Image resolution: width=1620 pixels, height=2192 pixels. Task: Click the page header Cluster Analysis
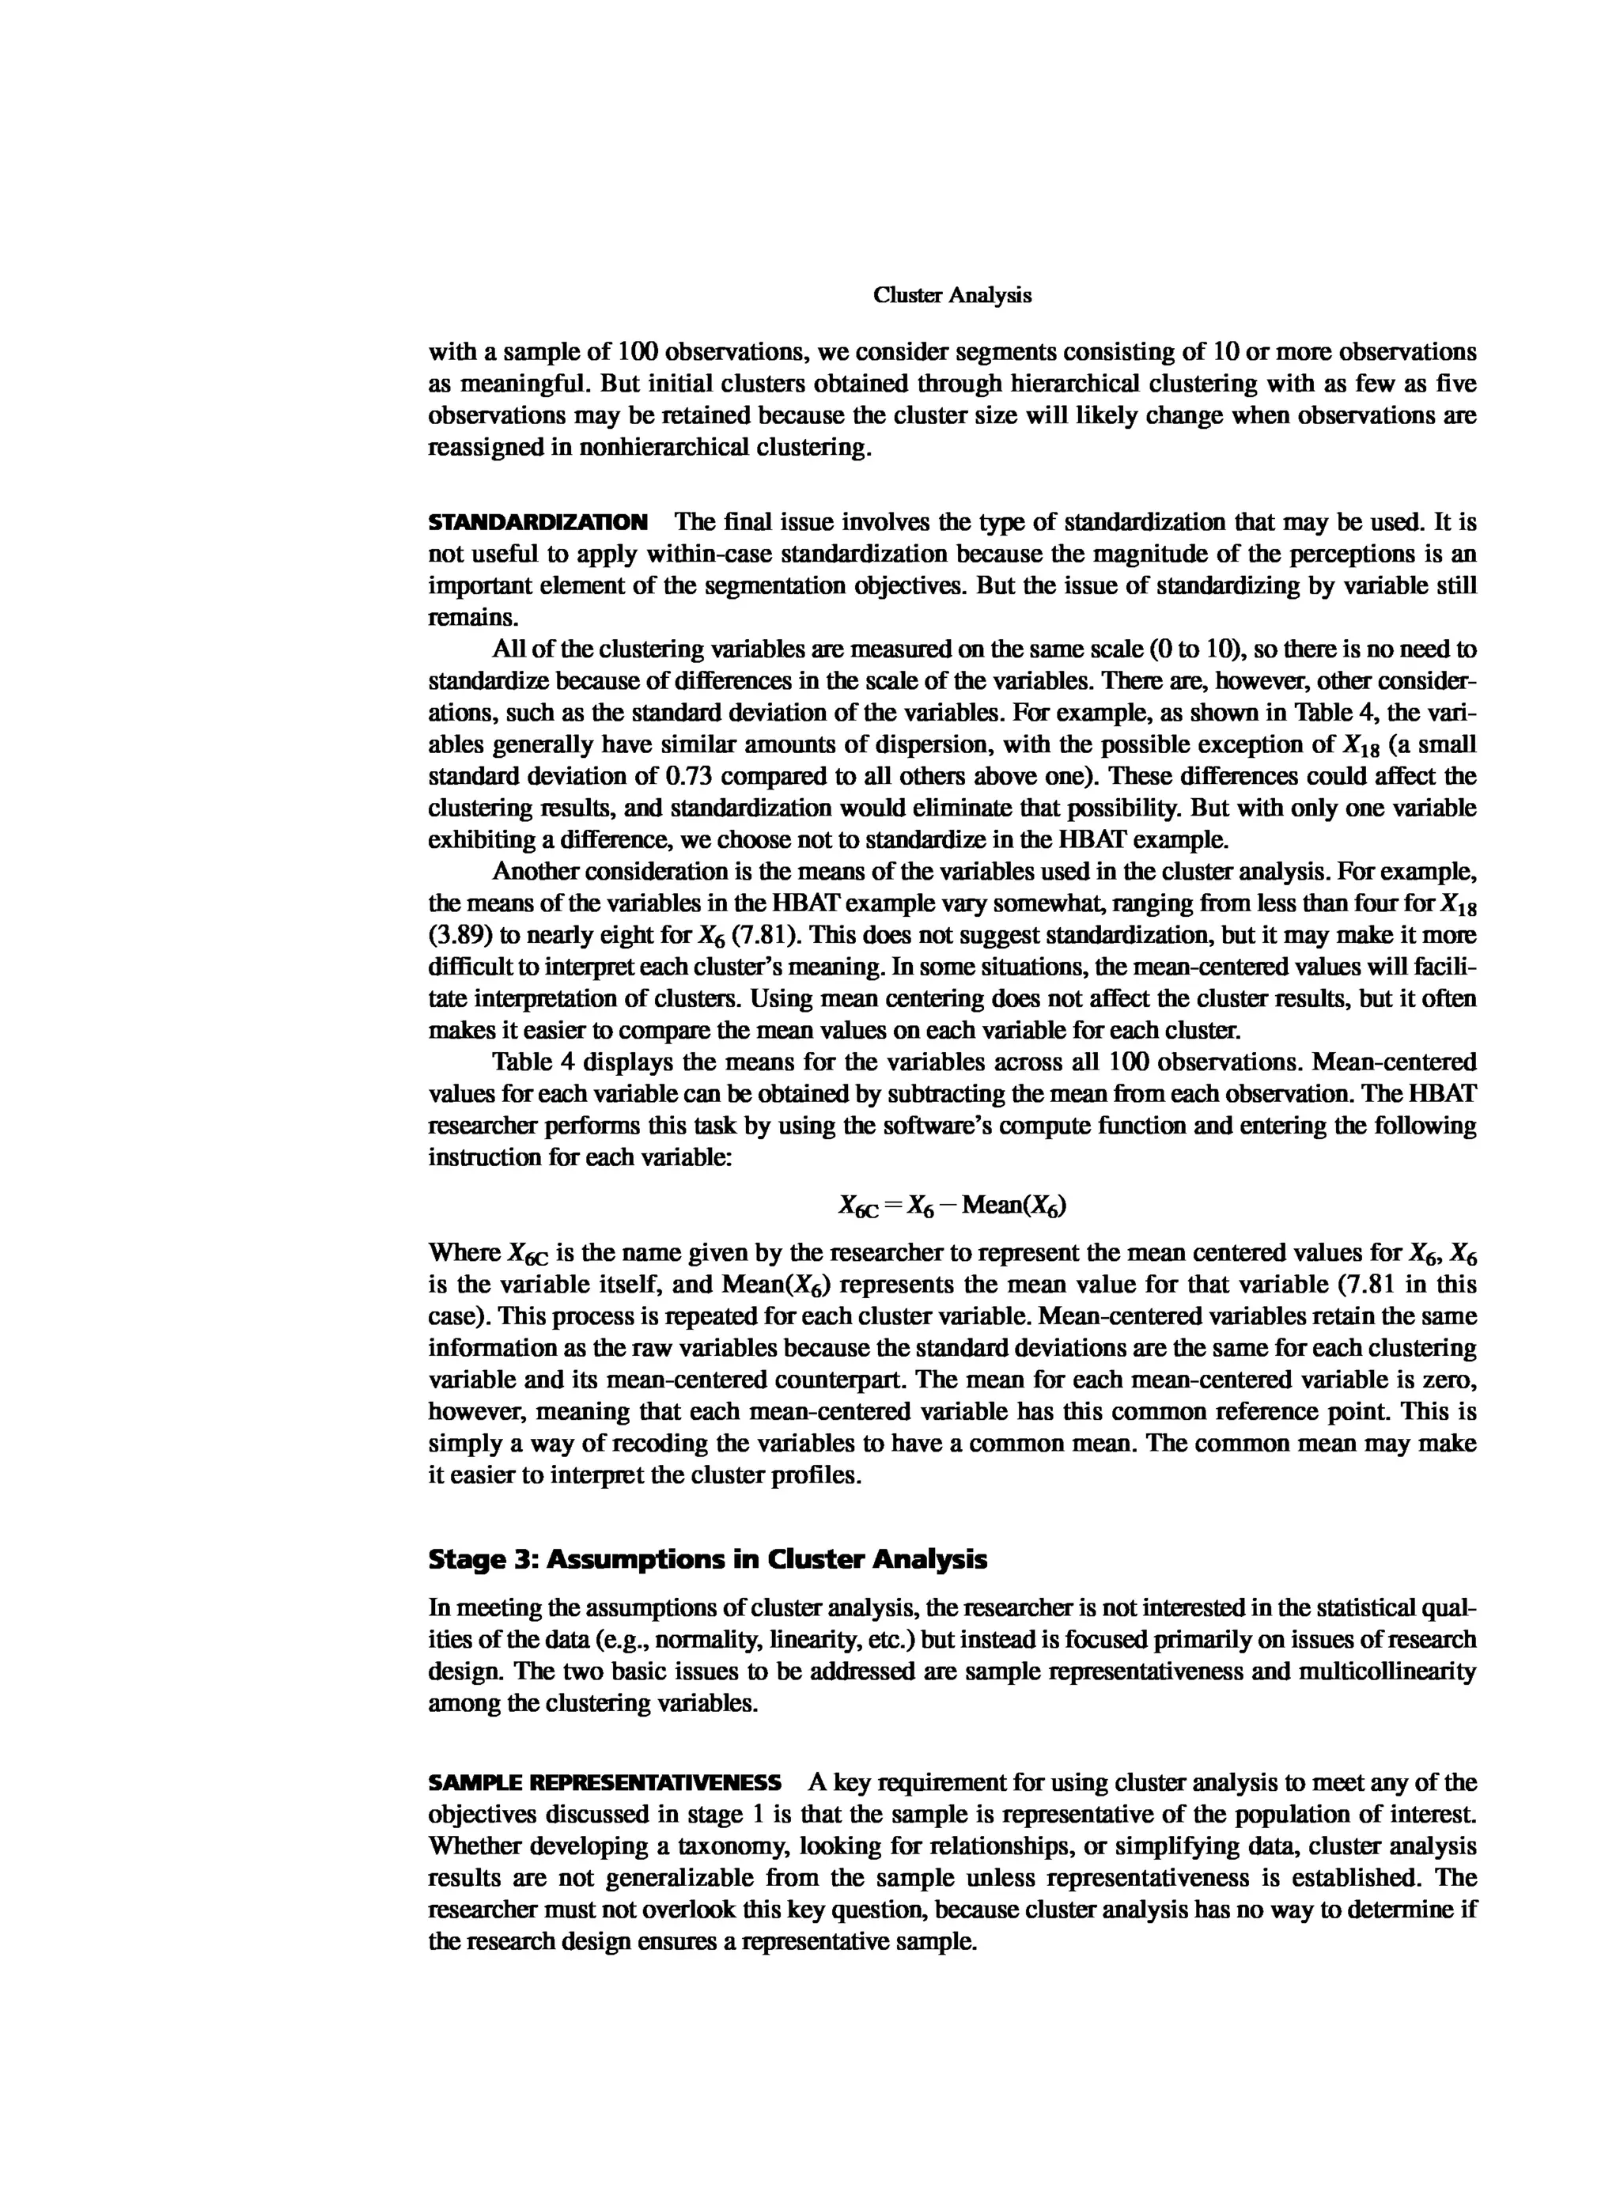click(x=952, y=295)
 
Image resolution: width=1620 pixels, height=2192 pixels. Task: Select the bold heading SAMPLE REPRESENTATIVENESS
click(x=604, y=1782)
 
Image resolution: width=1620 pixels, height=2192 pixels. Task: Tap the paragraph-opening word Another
click(x=536, y=871)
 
